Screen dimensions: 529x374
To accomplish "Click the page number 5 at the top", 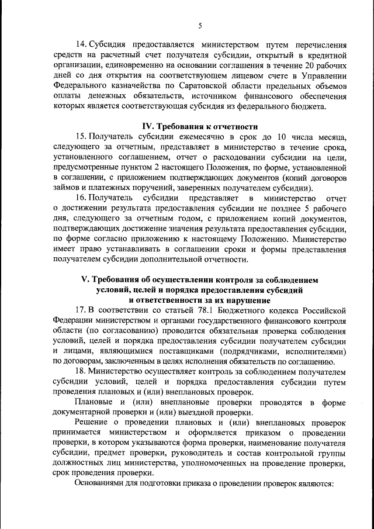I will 200,25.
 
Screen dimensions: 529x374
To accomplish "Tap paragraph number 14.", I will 82,45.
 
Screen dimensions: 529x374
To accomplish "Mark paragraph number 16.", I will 82,198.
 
